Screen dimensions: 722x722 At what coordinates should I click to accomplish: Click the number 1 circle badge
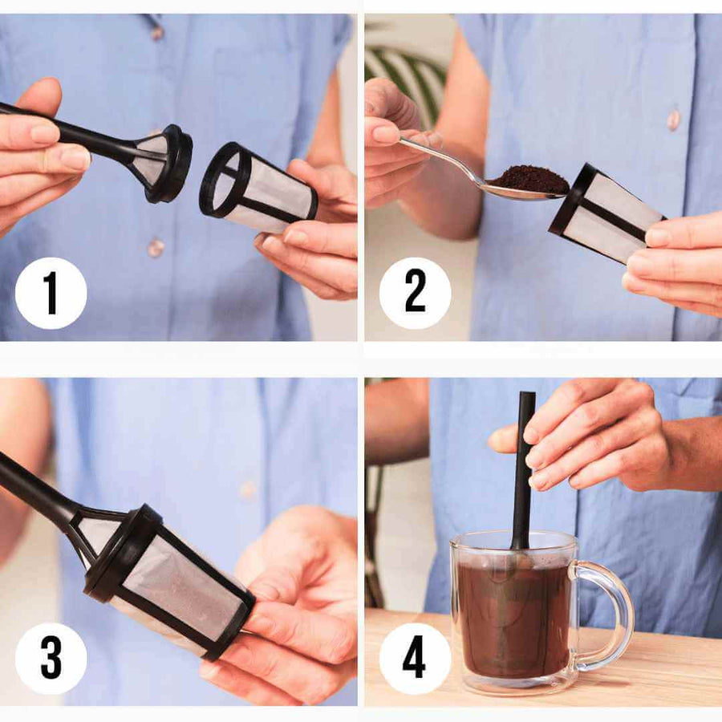(51, 293)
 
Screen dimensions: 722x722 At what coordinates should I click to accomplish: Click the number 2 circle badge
(415, 293)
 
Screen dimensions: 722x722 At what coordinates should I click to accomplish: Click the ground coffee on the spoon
(529, 180)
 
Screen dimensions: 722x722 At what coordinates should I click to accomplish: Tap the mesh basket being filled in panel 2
(608, 213)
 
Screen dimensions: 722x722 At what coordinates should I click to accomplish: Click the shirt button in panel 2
(672, 120)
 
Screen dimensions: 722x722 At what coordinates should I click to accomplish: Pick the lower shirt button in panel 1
(156, 247)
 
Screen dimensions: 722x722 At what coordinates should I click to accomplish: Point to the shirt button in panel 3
(249, 489)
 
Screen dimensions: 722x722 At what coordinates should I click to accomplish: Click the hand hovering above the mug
(594, 433)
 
